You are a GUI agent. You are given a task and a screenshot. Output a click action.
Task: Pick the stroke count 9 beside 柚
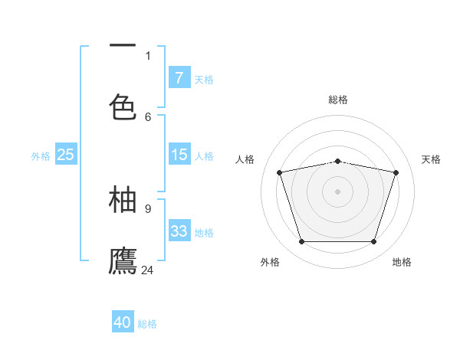[x=148, y=208]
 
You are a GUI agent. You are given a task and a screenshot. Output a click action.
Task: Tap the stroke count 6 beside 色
[x=148, y=116]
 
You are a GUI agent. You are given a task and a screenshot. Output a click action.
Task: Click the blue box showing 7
[x=179, y=77]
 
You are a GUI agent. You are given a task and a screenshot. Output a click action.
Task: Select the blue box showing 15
[x=179, y=155]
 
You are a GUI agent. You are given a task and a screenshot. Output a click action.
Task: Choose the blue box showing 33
[x=179, y=231]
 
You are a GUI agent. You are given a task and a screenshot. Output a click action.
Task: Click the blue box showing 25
[x=65, y=155]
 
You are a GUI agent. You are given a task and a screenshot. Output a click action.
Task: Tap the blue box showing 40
[x=123, y=322]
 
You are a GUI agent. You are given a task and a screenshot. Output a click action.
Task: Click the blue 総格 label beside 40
[x=147, y=324]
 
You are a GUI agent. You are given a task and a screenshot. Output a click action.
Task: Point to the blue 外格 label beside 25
[x=41, y=156]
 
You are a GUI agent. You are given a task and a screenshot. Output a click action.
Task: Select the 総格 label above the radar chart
[x=338, y=100]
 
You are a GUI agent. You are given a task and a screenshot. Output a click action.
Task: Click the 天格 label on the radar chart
[x=431, y=159]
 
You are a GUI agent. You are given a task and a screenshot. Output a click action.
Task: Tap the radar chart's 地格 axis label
[x=402, y=262]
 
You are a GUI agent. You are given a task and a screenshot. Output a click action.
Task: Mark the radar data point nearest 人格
[x=280, y=172]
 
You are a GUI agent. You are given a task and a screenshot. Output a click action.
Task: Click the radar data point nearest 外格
[x=301, y=242]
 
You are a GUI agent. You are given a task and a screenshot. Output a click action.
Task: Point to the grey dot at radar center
[x=337, y=191]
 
